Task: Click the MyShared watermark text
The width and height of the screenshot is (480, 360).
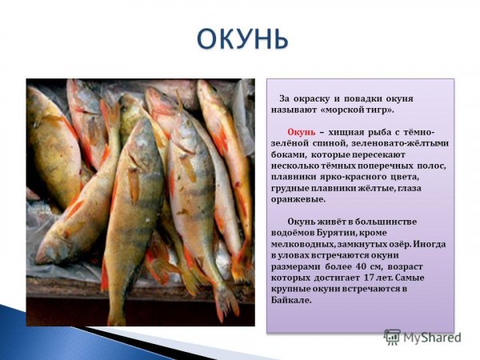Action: pos(432,337)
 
